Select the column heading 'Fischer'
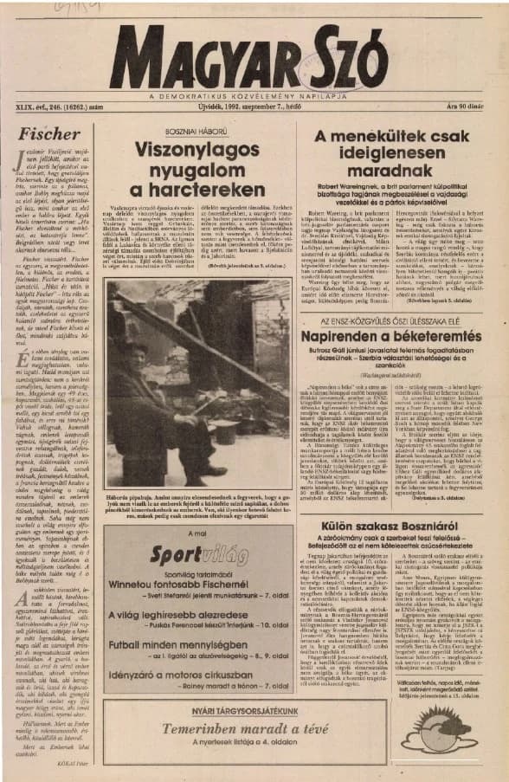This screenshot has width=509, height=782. click(38, 136)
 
